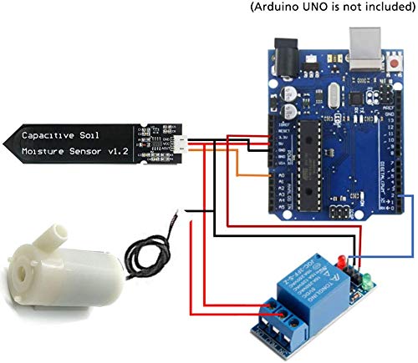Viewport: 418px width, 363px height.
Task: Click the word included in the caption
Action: (383, 8)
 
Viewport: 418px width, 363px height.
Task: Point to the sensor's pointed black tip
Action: (8, 143)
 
